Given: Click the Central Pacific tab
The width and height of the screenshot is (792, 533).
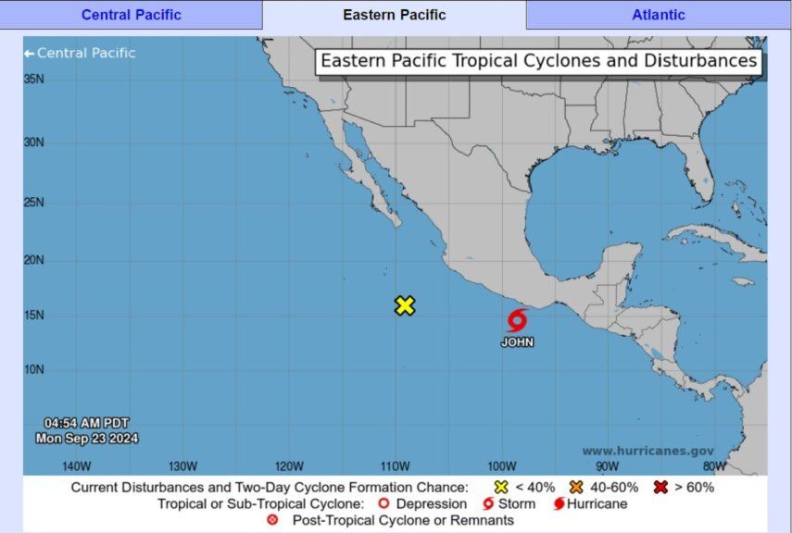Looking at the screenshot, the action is [132, 15].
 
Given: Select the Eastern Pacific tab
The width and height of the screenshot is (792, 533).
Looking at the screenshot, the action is [395, 15].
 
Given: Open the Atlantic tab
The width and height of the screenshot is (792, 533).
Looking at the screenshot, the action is [659, 15].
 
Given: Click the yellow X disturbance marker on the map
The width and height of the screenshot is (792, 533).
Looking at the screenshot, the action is [405, 305].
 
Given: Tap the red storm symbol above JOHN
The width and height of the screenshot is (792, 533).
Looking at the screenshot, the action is [517, 320].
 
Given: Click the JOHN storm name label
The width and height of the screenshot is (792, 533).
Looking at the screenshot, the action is [518, 342].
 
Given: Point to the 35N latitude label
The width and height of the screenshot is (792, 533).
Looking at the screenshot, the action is [34, 80].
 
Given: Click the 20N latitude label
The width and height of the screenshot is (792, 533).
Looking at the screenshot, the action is [34, 260].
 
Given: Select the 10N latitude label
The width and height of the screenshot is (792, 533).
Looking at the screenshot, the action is [34, 370].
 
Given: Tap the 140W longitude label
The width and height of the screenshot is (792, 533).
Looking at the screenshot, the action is [76, 465].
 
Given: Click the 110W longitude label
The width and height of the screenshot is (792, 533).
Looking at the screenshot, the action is [396, 465].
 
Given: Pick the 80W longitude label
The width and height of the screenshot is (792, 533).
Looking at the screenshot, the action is [714, 465].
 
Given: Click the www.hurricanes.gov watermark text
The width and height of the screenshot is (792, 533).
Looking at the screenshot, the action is [647, 451].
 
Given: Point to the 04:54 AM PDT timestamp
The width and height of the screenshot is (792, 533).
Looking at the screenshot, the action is [87, 423].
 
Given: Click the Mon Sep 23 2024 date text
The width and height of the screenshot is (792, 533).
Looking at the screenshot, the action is [87, 438].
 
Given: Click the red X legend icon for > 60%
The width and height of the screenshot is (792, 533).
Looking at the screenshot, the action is [660, 487].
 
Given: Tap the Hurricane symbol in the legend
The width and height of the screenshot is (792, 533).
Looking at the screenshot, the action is [559, 504].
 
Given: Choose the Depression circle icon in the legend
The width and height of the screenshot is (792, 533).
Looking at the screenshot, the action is [383, 504].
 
